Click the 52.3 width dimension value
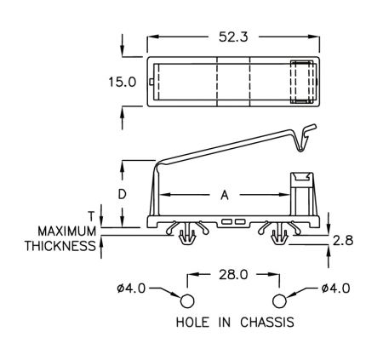pyautogui.click(x=233, y=37)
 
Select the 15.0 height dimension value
pyautogui.click(x=123, y=83)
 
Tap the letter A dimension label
pyautogui.click(x=225, y=195)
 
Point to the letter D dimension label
pyautogui.click(x=122, y=195)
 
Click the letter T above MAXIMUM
pyautogui.click(x=91, y=216)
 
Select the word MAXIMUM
pyautogui.click(x=67, y=231)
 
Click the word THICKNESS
pyautogui.click(x=60, y=246)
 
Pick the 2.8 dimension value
pyautogui.click(x=343, y=241)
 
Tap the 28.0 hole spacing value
pyautogui.click(x=233, y=275)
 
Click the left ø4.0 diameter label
pyautogui.click(x=131, y=289)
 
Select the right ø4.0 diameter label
pyautogui.click(x=335, y=289)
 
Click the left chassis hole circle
pyautogui.click(x=187, y=301)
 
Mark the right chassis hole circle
pyautogui.click(x=279, y=301)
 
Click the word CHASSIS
pyautogui.click(x=267, y=323)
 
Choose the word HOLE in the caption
pyautogui.click(x=192, y=323)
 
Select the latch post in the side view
pyautogui.click(x=304, y=194)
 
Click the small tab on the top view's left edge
pyautogui.click(x=151, y=82)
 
